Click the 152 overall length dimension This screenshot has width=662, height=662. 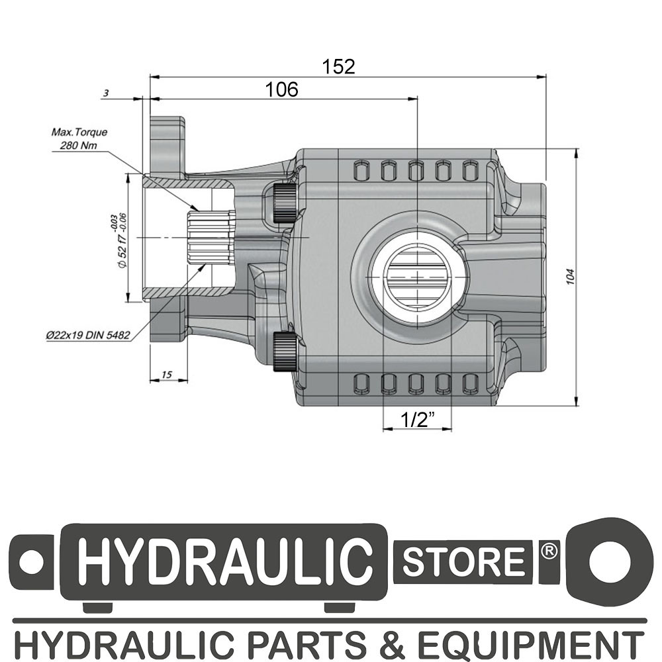(x=338, y=67)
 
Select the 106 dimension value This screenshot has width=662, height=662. (x=281, y=89)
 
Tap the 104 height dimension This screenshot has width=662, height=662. (x=571, y=277)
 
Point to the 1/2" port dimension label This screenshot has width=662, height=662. (x=417, y=420)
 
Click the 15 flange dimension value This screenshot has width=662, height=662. (x=167, y=374)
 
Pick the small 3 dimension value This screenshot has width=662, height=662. (x=106, y=93)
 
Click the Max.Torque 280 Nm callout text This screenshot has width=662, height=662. (x=79, y=139)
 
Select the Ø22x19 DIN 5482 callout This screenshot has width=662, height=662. (x=87, y=335)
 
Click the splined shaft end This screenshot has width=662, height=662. (x=211, y=238)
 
